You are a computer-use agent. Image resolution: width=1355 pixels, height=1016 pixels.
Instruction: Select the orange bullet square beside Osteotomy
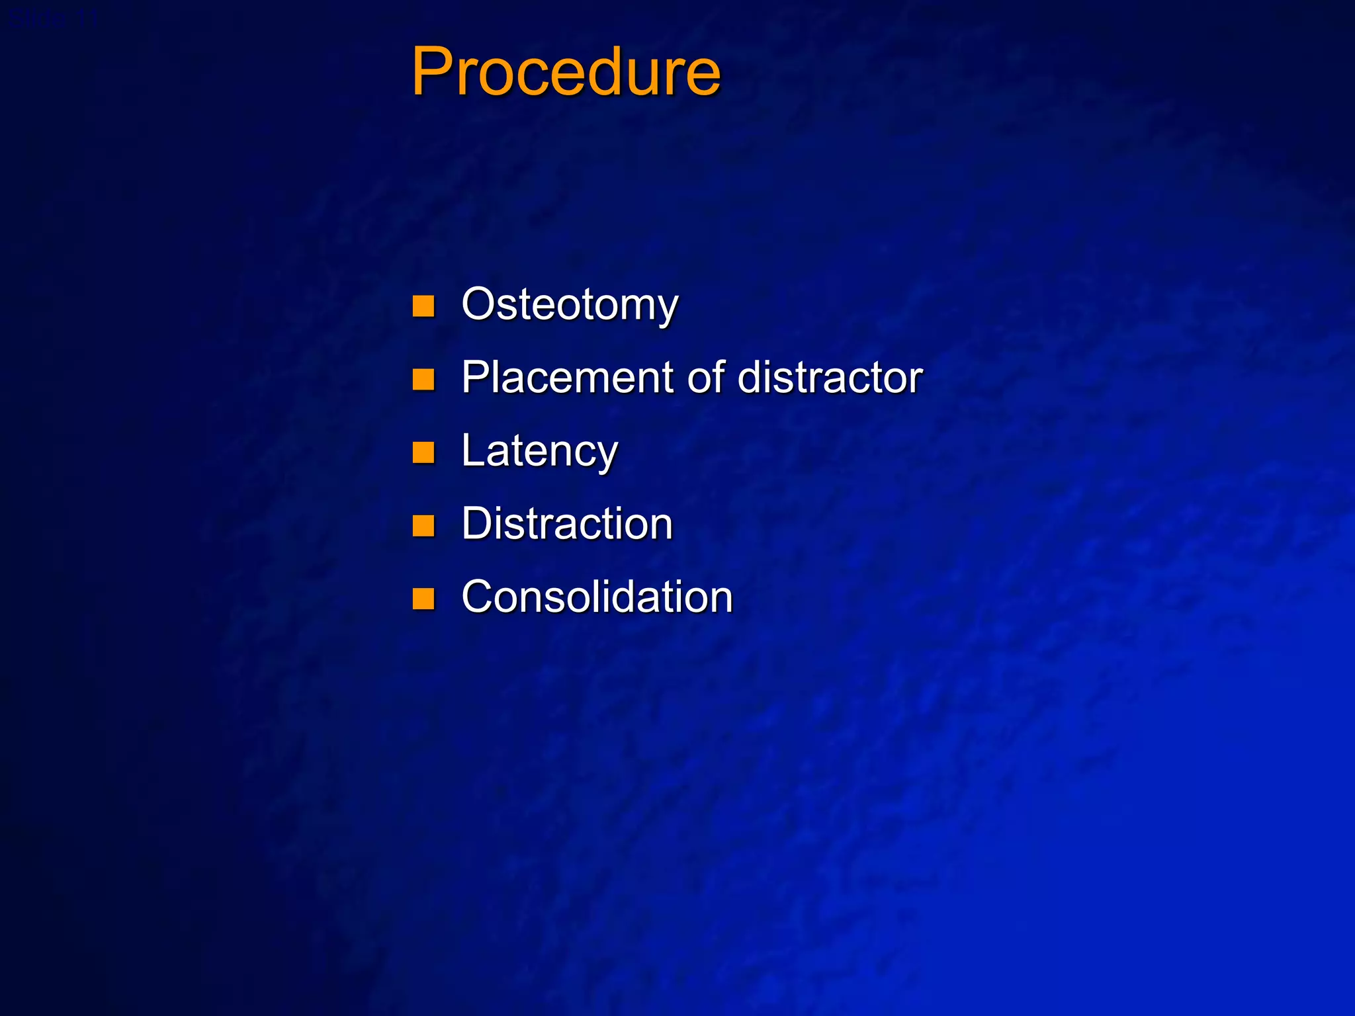pos(423,306)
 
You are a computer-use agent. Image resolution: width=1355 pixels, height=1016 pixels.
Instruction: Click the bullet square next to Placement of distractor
pos(423,380)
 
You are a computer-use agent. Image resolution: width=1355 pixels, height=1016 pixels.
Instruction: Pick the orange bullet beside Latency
pos(423,453)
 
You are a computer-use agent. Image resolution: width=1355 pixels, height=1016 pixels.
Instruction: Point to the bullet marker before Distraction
pos(423,526)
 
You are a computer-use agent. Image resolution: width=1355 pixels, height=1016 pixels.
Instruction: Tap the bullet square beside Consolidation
pos(423,599)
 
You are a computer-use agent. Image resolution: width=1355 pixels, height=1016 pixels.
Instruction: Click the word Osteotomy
pos(570,305)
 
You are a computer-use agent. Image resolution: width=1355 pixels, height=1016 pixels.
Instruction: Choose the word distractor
pos(830,378)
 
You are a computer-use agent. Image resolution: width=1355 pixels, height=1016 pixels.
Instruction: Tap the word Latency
pos(539,452)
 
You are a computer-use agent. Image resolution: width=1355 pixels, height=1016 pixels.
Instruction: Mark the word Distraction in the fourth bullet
pos(567,524)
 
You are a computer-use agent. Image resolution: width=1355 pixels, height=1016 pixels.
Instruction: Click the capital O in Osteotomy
pos(481,304)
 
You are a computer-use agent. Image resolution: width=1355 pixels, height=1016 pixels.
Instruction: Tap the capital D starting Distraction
pos(478,524)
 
